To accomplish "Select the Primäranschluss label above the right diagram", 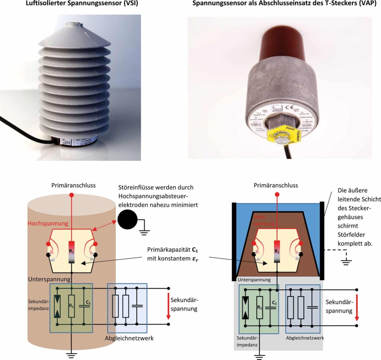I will (x=276, y=185).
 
